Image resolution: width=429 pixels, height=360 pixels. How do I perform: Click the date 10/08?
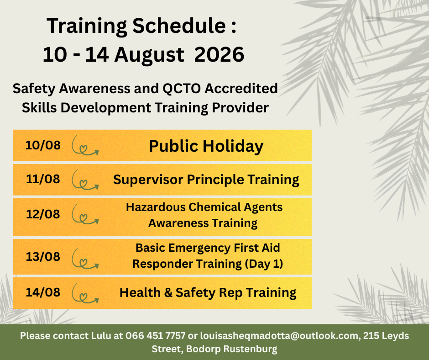point(43,145)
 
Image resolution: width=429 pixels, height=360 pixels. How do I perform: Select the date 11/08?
point(43,179)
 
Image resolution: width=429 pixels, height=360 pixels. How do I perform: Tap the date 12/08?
point(43,214)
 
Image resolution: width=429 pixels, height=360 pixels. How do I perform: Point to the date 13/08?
point(43,257)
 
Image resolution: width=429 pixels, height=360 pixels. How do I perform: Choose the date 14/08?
point(43,292)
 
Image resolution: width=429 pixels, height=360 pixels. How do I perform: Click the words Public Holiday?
point(206,146)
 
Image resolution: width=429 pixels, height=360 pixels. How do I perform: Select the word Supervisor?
point(148,180)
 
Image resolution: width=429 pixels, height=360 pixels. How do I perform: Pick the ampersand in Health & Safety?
point(168,292)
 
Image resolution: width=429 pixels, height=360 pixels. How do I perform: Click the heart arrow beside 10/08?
point(85,146)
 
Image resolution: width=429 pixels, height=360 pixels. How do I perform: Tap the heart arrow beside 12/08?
point(85,215)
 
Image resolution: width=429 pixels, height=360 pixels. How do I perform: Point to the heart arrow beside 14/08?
point(85,293)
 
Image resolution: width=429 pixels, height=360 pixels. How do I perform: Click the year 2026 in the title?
point(219,54)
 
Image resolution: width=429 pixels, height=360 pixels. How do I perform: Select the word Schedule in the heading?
point(179,26)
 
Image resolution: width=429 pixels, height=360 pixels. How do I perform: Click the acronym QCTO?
point(182,89)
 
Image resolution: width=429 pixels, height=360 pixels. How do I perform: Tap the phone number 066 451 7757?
point(155,336)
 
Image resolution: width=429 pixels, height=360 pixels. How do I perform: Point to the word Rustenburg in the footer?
point(251,349)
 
